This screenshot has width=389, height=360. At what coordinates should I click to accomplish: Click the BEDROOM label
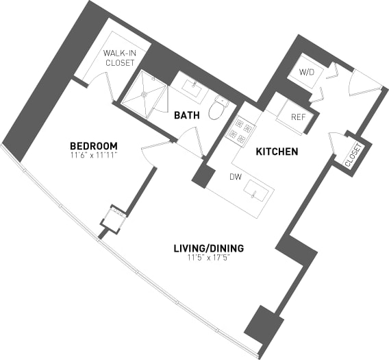[94, 146]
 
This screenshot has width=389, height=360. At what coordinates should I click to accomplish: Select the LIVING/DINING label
[209, 248]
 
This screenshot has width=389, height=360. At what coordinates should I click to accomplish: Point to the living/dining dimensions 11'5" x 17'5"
[209, 258]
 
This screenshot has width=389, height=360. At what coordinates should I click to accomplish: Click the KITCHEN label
[276, 151]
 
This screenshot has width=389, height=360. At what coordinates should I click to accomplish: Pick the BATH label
[186, 115]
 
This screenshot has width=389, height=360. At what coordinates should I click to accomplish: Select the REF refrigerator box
[297, 117]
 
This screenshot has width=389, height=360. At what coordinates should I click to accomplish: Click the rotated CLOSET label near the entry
[354, 156]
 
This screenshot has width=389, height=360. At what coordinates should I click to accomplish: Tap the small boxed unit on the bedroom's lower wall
[111, 218]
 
